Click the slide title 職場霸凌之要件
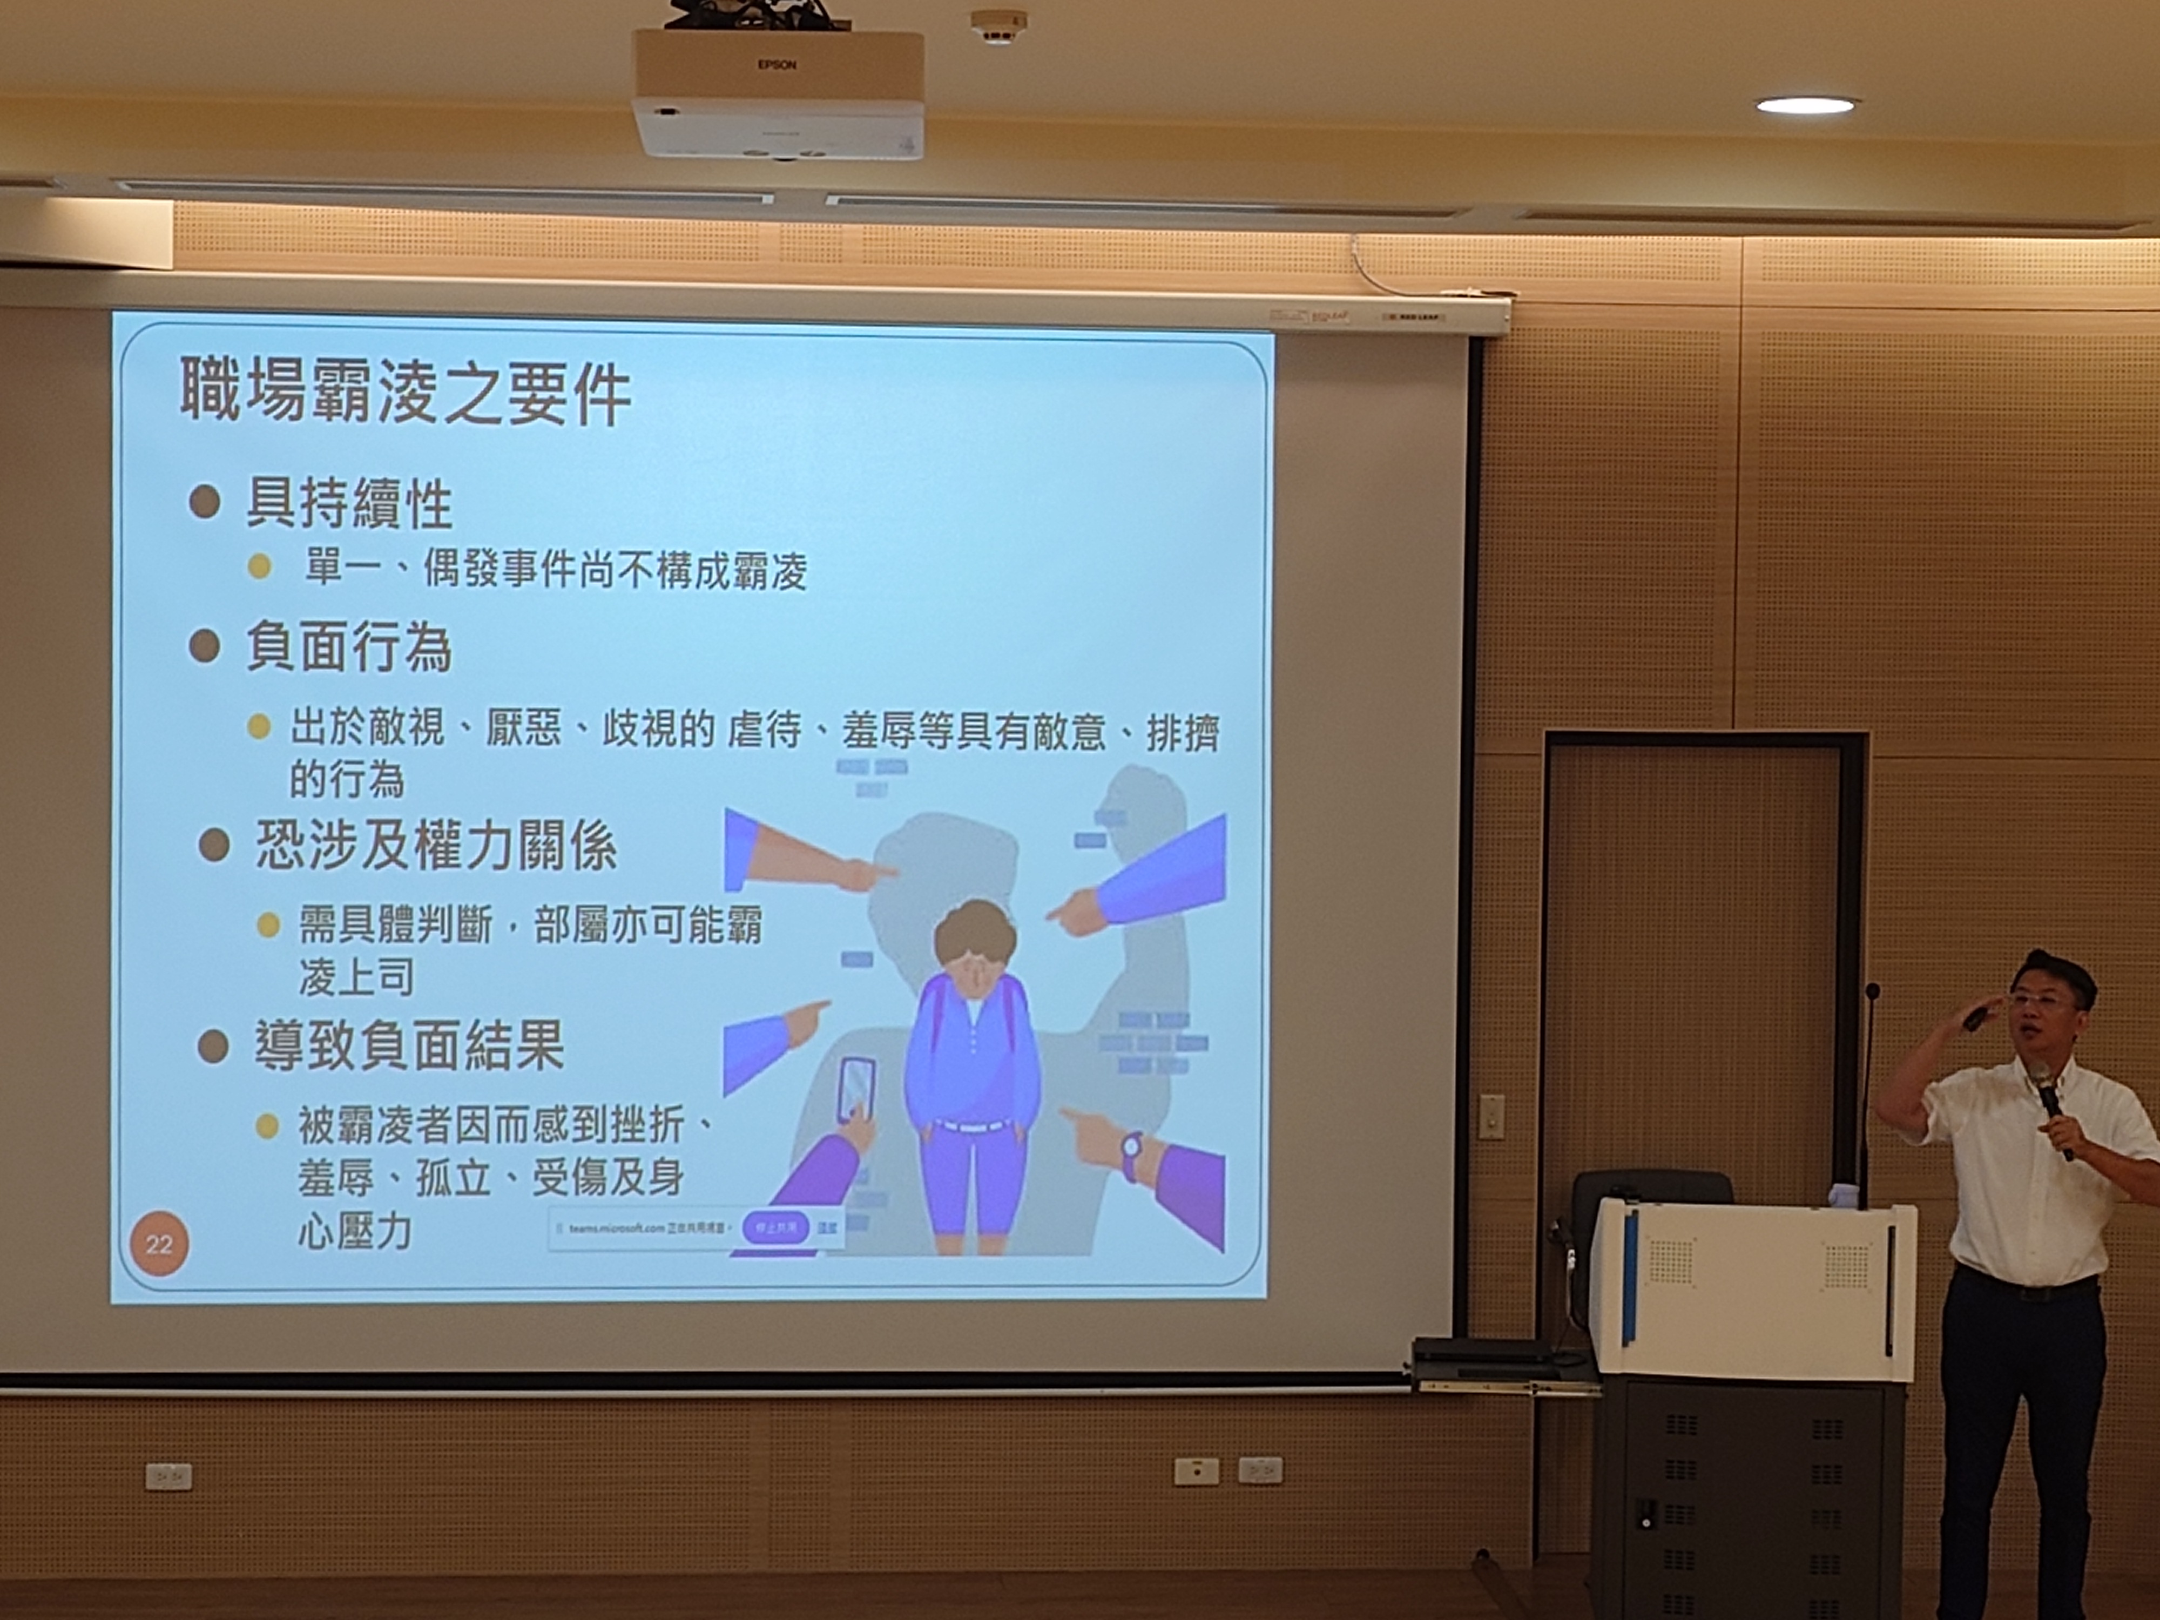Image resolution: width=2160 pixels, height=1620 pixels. click(405, 391)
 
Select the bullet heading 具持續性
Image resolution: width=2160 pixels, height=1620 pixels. click(349, 504)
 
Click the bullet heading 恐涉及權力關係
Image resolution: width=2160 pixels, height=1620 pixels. click(436, 846)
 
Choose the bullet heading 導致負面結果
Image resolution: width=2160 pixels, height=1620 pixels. click(409, 1046)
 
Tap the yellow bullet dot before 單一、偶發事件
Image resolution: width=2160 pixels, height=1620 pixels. click(259, 568)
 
